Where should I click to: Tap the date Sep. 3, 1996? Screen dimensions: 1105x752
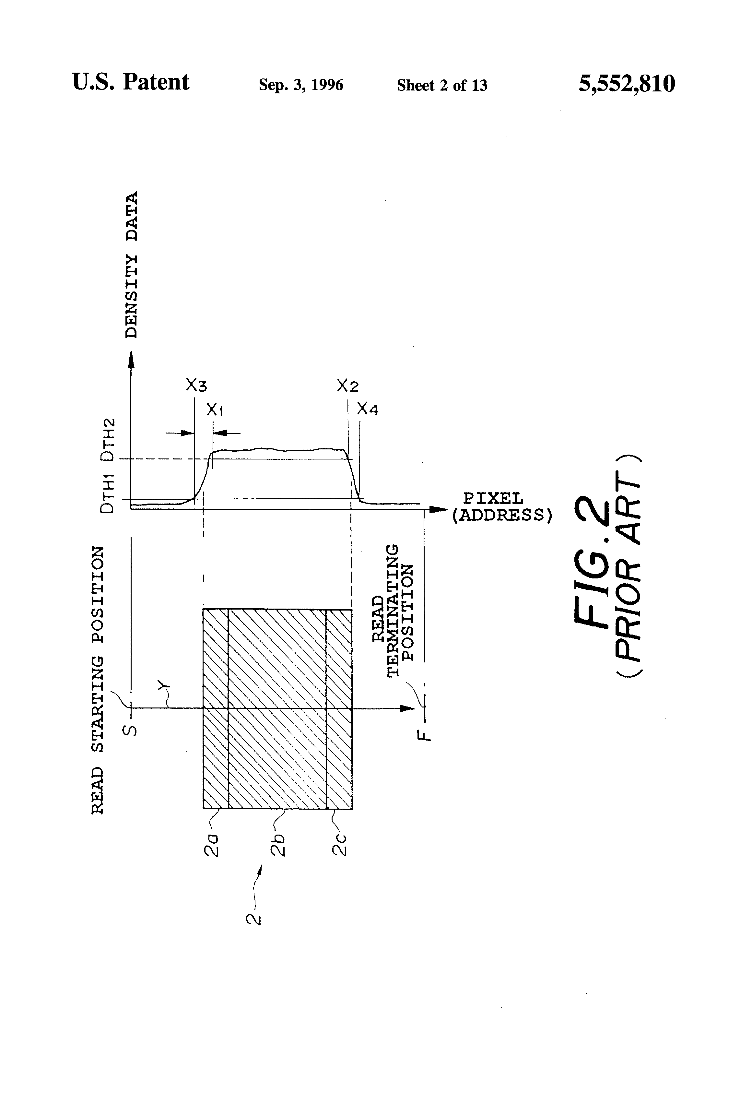pos(300,85)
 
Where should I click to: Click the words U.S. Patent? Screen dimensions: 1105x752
pos(131,82)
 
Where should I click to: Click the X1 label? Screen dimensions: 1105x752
pos(215,409)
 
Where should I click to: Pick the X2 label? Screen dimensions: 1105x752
pos(347,385)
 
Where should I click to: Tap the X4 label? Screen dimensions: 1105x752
pos(368,409)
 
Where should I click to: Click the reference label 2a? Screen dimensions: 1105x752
pos(212,843)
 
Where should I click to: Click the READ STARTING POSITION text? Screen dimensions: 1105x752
pos(98,680)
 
